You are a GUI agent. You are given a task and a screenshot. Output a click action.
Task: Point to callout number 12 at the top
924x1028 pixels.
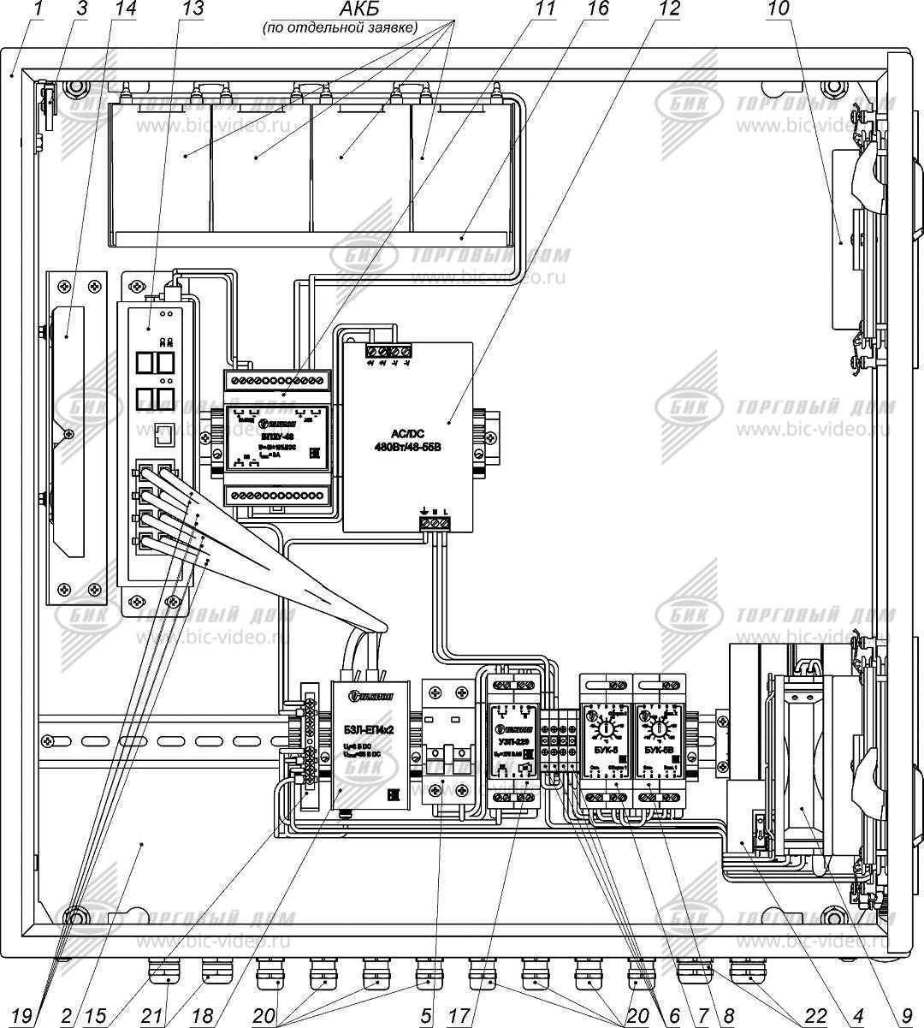tap(670, 9)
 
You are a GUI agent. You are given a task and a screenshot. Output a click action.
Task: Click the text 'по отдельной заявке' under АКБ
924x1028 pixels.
tap(340, 28)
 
